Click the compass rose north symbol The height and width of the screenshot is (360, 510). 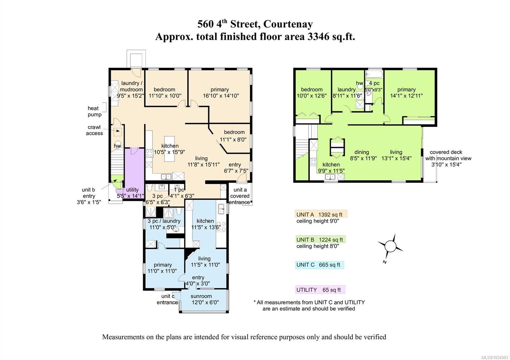tap(390, 247)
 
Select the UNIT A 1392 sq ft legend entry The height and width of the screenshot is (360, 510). tap(321, 214)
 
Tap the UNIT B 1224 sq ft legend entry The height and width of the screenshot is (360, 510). tap(320, 239)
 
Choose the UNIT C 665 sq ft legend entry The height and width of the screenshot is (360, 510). tap(319, 265)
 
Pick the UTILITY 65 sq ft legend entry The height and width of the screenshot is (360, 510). tap(320, 290)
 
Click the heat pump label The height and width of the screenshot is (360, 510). tap(94, 111)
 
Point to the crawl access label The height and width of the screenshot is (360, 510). tap(94, 130)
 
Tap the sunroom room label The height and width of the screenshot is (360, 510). tap(201, 296)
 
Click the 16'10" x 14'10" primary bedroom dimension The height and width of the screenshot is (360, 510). tap(221, 96)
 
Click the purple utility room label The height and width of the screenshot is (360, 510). tap(132, 190)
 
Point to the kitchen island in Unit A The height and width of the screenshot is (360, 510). tap(170, 149)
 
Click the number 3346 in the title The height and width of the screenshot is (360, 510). tap(317, 36)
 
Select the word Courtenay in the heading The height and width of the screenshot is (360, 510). tap(288, 24)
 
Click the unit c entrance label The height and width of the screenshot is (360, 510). tap(167, 299)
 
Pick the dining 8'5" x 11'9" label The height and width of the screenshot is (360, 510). tap(363, 155)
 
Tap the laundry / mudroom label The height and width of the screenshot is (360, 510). tap(131, 86)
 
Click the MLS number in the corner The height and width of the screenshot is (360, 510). tap(496, 357)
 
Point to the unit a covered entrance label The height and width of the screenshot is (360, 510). tap(239, 196)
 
